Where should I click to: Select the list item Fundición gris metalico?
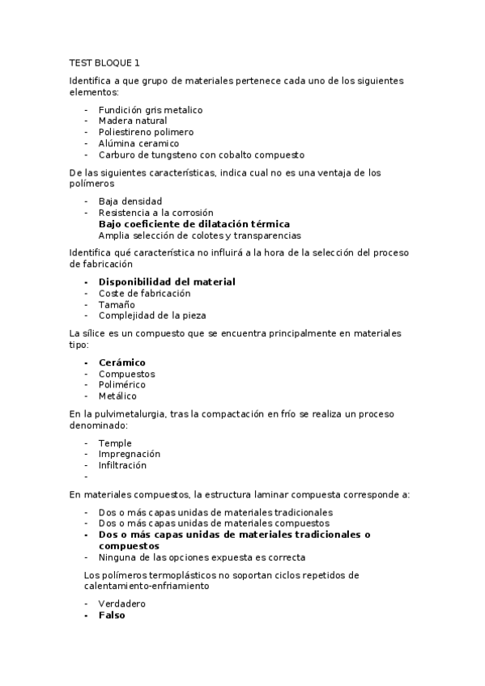click(150, 109)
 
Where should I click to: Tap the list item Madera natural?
click(133, 121)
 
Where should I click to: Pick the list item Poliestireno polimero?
click(146, 132)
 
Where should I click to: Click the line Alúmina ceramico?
click(138, 143)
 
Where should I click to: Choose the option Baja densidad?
click(130, 201)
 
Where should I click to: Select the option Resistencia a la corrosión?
click(155, 212)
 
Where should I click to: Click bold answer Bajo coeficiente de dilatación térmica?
click(194, 223)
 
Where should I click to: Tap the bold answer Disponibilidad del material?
click(167, 282)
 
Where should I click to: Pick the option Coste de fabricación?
click(144, 293)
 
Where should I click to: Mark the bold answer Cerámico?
click(121, 362)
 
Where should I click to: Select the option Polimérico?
click(123, 385)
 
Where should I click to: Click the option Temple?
click(115, 443)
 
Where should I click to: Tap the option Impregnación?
click(130, 454)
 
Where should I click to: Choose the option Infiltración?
click(122, 465)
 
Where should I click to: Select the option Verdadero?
click(123, 603)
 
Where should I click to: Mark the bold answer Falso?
click(112, 615)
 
